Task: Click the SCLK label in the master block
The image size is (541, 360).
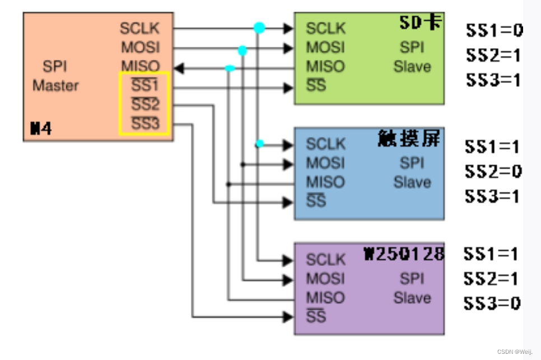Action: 139,28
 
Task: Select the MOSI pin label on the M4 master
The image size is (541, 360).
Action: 140,47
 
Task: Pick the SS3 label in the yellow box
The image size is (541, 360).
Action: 145,124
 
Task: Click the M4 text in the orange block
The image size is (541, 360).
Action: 41,129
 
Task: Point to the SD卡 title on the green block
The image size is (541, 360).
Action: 419,23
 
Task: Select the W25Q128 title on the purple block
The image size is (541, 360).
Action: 404,254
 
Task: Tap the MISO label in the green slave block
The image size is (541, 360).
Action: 325,66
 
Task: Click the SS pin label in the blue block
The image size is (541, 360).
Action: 316,200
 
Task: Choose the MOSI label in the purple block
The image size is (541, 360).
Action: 325,279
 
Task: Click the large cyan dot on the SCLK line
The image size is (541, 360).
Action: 259,27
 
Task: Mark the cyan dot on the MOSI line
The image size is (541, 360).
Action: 242,50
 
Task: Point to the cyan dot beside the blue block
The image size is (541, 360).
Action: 259,144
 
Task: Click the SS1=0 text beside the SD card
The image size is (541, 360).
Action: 494,30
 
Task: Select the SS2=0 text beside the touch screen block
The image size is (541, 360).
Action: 493,171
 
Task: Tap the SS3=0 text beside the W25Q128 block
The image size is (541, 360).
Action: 492,303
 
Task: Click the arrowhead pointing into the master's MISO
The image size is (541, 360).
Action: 178,68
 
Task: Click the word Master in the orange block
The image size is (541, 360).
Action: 55,86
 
